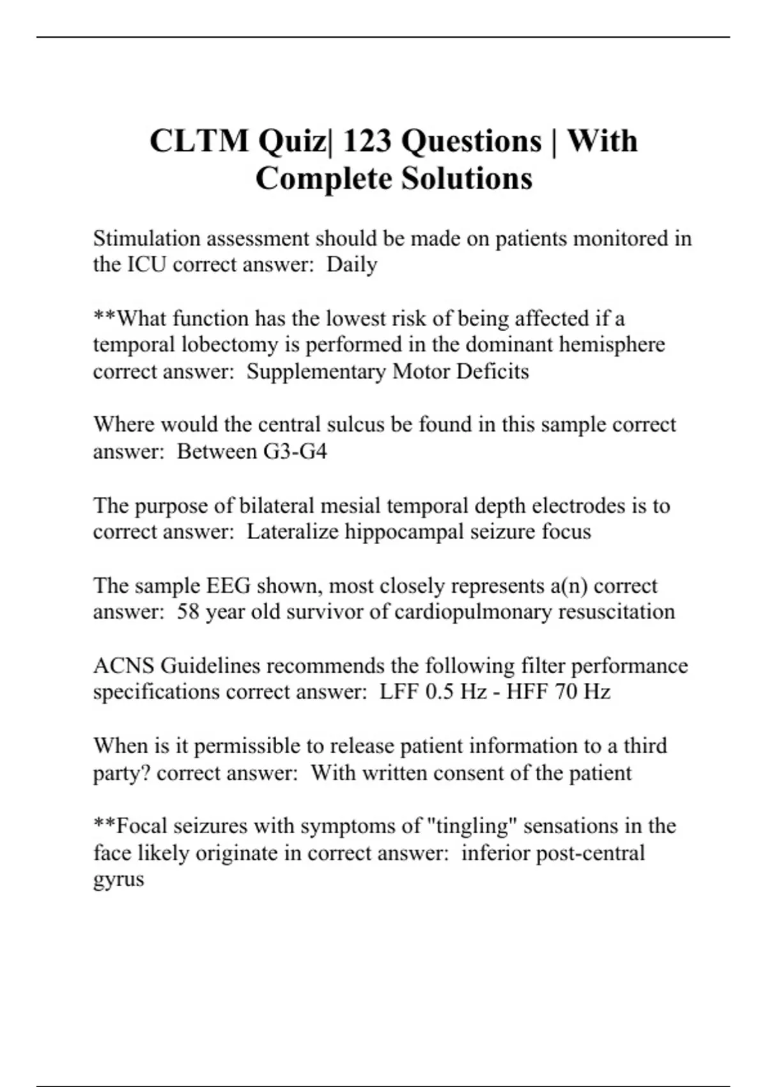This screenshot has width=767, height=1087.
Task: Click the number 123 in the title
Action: click(x=367, y=141)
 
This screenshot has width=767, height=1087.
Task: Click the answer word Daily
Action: click(x=352, y=265)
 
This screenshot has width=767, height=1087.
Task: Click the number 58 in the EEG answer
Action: click(x=189, y=611)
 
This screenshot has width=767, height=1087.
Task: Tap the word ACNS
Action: click(x=124, y=666)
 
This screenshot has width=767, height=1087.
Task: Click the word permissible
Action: click(x=249, y=746)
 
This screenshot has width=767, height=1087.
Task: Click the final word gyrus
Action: click(x=118, y=880)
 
